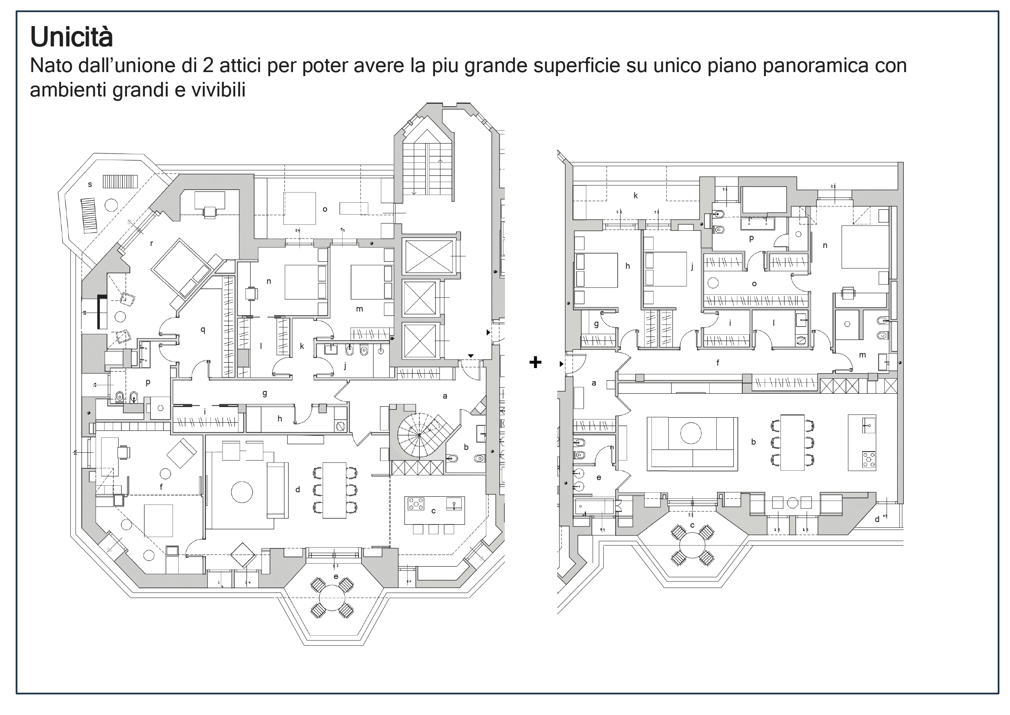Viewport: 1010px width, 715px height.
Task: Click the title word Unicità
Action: [x=71, y=37]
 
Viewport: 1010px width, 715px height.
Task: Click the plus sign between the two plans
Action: [x=535, y=362]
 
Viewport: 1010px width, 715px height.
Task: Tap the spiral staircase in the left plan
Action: [x=419, y=435]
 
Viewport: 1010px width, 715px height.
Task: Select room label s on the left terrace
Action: [x=90, y=184]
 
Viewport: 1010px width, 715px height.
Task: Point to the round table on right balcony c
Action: [x=693, y=546]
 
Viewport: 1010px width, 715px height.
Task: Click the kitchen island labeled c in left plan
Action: [x=434, y=511]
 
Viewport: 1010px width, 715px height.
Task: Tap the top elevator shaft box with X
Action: [x=428, y=257]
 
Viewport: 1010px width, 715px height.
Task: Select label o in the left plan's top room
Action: [x=325, y=210]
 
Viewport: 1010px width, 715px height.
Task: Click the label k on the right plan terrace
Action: [x=635, y=195]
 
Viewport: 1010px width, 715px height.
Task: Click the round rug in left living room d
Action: [x=241, y=492]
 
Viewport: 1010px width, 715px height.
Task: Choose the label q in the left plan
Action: [x=203, y=329]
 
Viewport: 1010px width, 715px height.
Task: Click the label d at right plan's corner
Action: [x=877, y=520]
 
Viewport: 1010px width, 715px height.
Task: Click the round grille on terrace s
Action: [x=110, y=205]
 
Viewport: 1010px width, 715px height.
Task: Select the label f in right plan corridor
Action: [x=717, y=363]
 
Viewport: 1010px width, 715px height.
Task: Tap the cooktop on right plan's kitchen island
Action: [x=868, y=459]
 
